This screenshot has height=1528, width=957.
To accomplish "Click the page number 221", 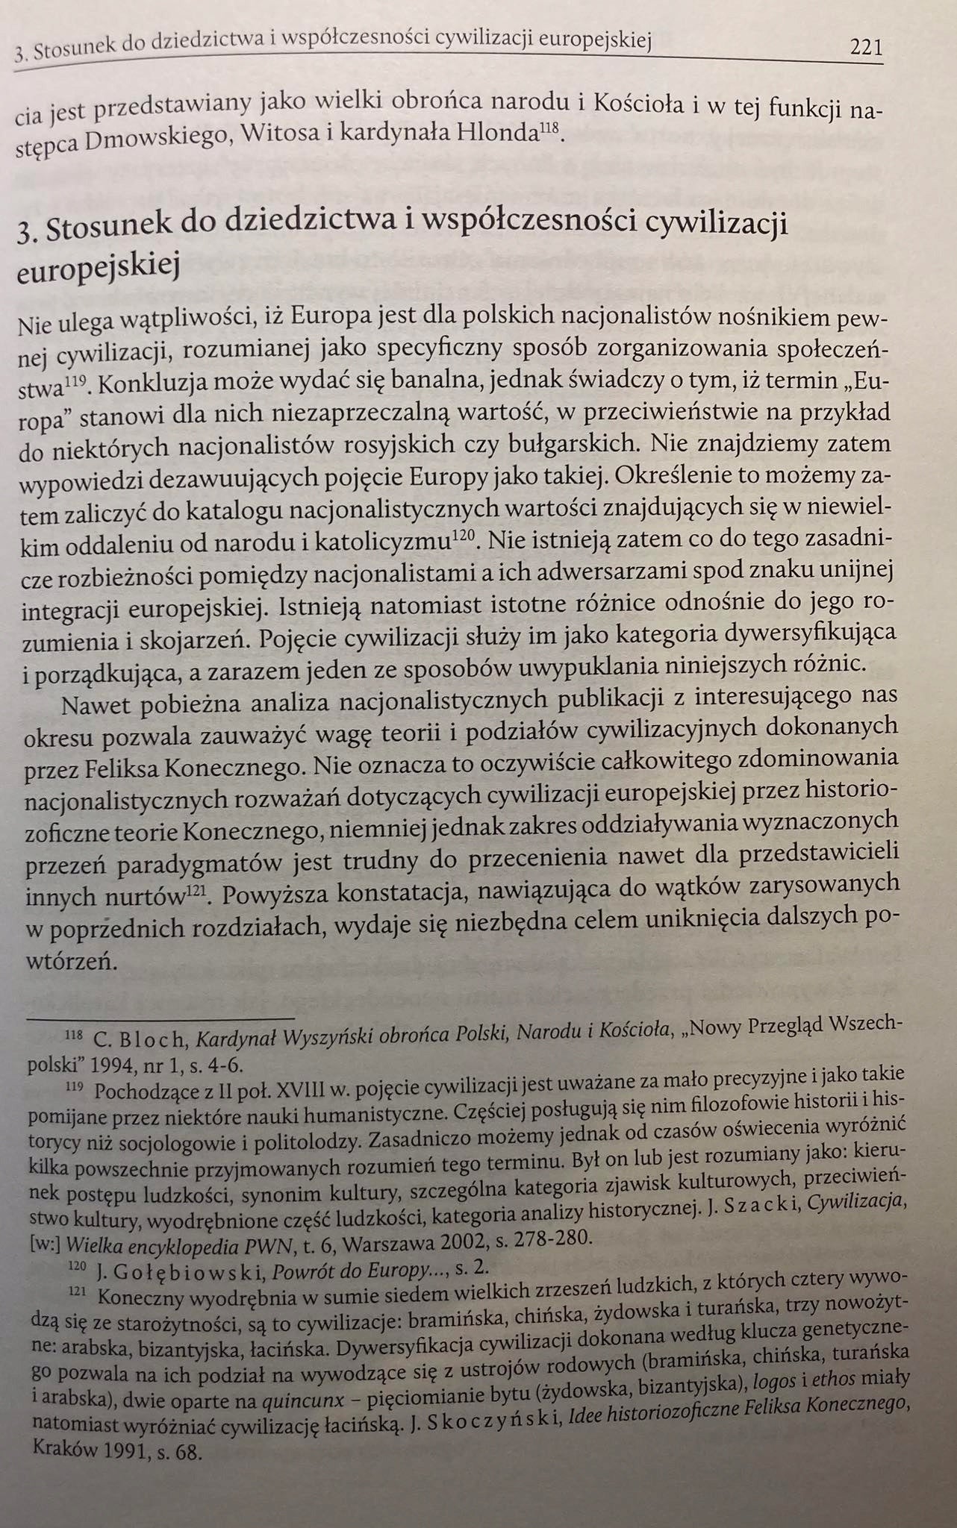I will (x=866, y=49).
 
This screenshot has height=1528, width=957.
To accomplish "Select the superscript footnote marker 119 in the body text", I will (x=78, y=383).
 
